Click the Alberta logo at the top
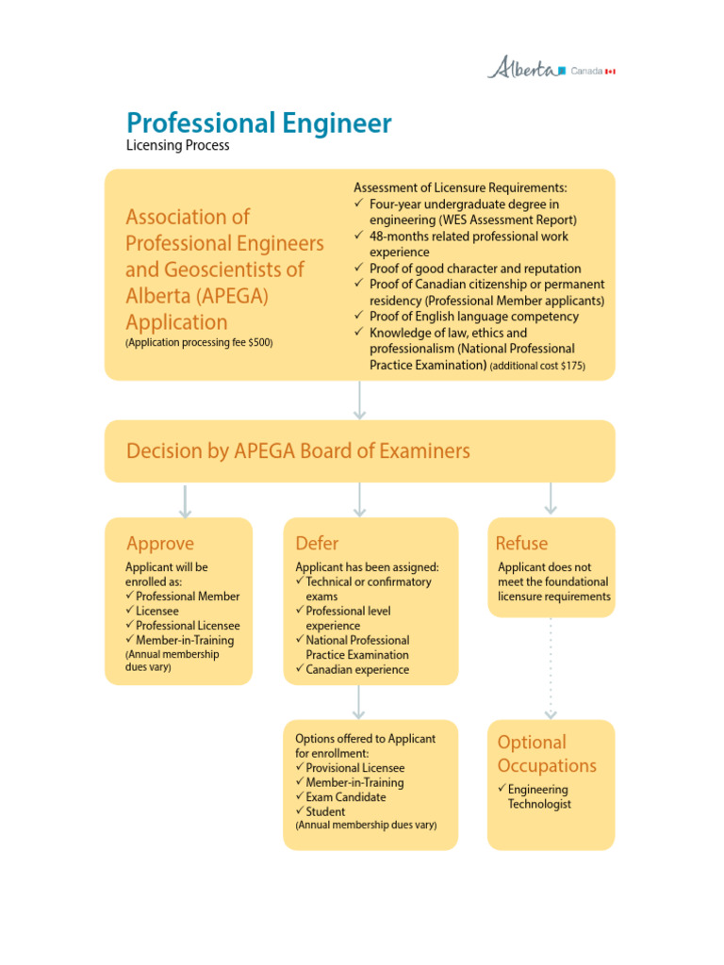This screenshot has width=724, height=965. [521, 68]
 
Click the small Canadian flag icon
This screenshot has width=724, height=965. [610, 71]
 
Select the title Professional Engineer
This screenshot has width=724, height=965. [259, 123]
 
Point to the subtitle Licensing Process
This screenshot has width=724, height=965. [178, 146]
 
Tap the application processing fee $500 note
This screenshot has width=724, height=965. [199, 343]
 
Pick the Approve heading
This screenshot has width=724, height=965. [160, 544]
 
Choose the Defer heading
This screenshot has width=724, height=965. [317, 544]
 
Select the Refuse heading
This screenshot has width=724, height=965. [521, 544]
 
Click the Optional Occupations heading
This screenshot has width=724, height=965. [547, 754]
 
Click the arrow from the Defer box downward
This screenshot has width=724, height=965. [359, 702]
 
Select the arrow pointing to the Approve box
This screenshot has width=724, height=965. [185, 500]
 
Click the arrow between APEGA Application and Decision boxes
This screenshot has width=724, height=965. [359, 400]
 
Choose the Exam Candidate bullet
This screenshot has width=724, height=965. [345, 797]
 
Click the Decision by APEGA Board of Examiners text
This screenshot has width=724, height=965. [298, 451]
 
